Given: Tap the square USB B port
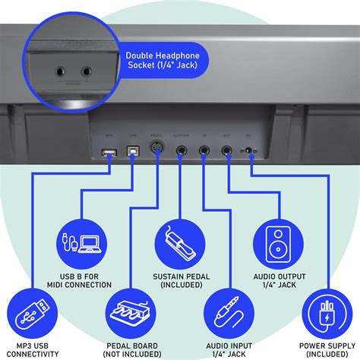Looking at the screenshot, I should coord(133,152).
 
